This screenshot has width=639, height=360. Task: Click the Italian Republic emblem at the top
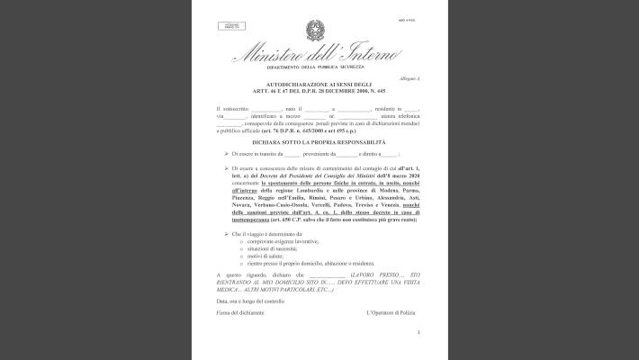318,27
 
